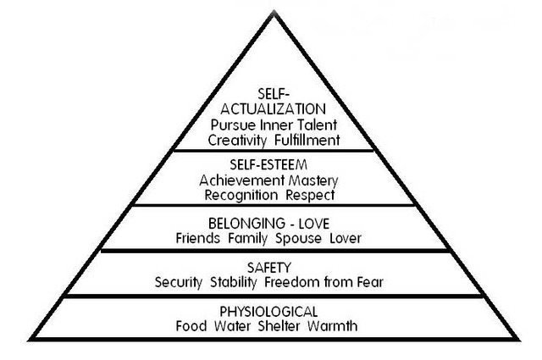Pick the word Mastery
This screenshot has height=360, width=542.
[308, 180]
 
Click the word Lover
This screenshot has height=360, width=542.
[347, 239]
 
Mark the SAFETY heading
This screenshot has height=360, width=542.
[265, 268]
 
